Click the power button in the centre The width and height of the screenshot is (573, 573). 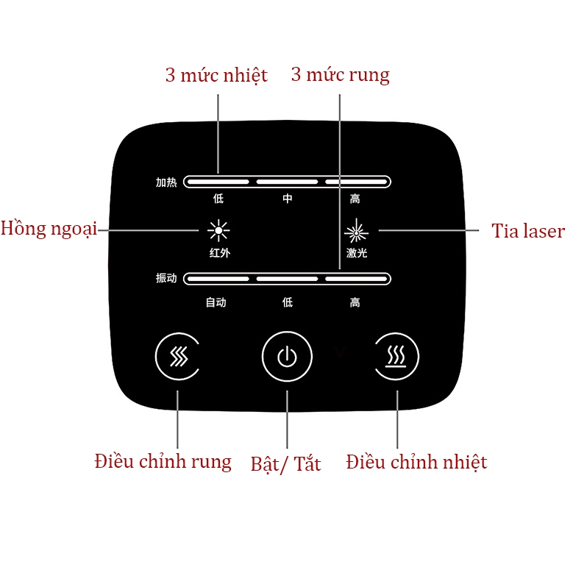[x=287, y=357]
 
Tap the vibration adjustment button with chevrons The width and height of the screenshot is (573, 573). [x=178, y=357]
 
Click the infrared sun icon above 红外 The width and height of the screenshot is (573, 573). [x=218, y=230]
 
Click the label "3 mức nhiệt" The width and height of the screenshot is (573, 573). [x=216, y=75]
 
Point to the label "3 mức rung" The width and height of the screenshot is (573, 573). [x=340, y=75]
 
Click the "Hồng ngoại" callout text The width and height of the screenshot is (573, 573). [x=49, y=228]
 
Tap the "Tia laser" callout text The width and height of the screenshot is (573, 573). [x=527, y=231]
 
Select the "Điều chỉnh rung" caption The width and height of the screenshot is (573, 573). [x=163, y=462]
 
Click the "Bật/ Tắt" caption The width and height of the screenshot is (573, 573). [x=285, y=464]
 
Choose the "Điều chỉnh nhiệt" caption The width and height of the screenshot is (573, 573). [x=416, y=462]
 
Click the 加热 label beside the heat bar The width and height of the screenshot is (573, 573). [x=166, y=182]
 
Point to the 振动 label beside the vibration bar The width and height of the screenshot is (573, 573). [x=166, y=279]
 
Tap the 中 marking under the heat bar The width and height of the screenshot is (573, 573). [x=288, y=199]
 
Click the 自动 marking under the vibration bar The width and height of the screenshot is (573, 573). [x=216, y=302]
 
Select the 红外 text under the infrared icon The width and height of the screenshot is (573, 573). [x=218, y=252]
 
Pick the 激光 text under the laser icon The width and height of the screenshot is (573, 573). [x=357, y=253]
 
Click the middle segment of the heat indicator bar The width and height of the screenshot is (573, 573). [x=287, y=182]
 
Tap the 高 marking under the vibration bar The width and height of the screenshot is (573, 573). [x=355, y=302]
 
